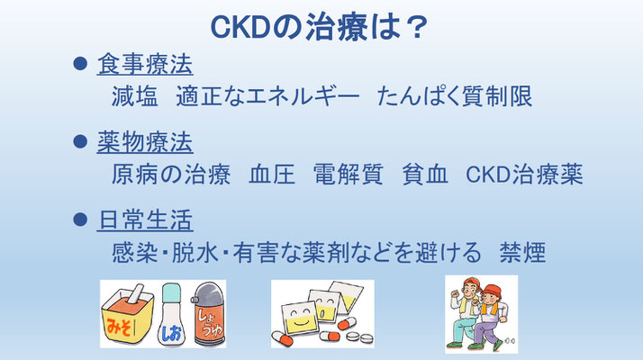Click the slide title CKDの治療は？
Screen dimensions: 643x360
pyautogui.click(x=319, y=28)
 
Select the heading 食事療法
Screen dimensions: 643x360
pyautogui.click(x=145, y=64)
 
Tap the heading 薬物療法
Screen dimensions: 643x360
pyautogui.click(x=145, y=142)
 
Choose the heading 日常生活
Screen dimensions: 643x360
pyautogui.click(x=145, y=220)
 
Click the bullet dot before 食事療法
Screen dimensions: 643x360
pyautogui.click(x=80, y=63)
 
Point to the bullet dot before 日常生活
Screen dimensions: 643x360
pyautogui.click(x=80, y=219)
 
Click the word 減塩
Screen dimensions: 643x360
pyautogui.click(x=134, y=96)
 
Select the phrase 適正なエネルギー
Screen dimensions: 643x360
pyautogui.click(x=268, y=96)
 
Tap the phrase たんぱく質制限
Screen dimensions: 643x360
pyautogui.click(x=455, y=96)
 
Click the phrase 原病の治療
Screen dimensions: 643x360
pyautogui.click(x=170, y=174)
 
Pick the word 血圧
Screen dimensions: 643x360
pyautogui.click(x=272, y=174)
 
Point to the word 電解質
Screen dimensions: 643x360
pyautogui.click(x=349, y=174)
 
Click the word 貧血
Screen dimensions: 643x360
pyautogui.click(x=424, y=174)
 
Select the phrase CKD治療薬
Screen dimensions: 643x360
pyautogui.click(x=524, y=174)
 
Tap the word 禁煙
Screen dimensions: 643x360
pyautogui.click(x=522, y=252)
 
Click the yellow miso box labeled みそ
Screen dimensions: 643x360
pyautogui.click(x=128, y=317)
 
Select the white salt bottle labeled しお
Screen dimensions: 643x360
pyautogui.click(x=171, y=315)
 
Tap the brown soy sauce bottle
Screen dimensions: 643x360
pyautogui.click(x=208, y=314)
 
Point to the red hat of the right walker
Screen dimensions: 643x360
pyautogui.click(x=492, y=291)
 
